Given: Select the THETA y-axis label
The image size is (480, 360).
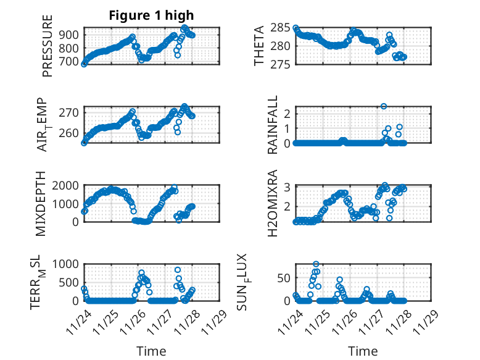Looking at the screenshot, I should (259, 46).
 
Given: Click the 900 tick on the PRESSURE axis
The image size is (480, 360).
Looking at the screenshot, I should (70, 35).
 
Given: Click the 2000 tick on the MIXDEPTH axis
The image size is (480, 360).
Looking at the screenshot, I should (65, 185).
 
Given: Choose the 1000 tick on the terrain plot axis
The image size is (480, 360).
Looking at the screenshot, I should (65, 264).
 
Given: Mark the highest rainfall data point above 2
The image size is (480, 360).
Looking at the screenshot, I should (384, 106).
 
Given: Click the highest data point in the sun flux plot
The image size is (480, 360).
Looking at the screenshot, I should (316, 264).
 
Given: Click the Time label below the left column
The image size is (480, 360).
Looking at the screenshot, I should (152, 351).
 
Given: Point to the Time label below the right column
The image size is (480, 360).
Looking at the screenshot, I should (363, 351).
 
